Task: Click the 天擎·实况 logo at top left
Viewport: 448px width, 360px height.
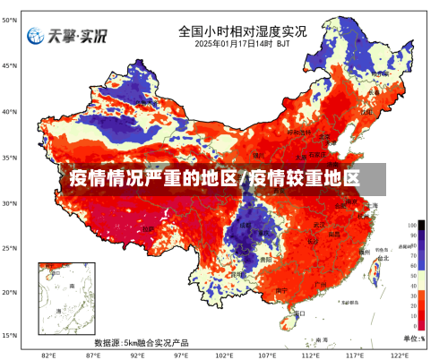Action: pyautogui.click(x=66, y=37)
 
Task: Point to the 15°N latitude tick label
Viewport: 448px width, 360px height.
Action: pyautogui.click(x=10, y=335)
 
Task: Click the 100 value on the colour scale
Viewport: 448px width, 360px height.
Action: pyautogui.click(x=412, y=226)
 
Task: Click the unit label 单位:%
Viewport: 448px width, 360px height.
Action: pyautogui.click(x=414, y=338)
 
